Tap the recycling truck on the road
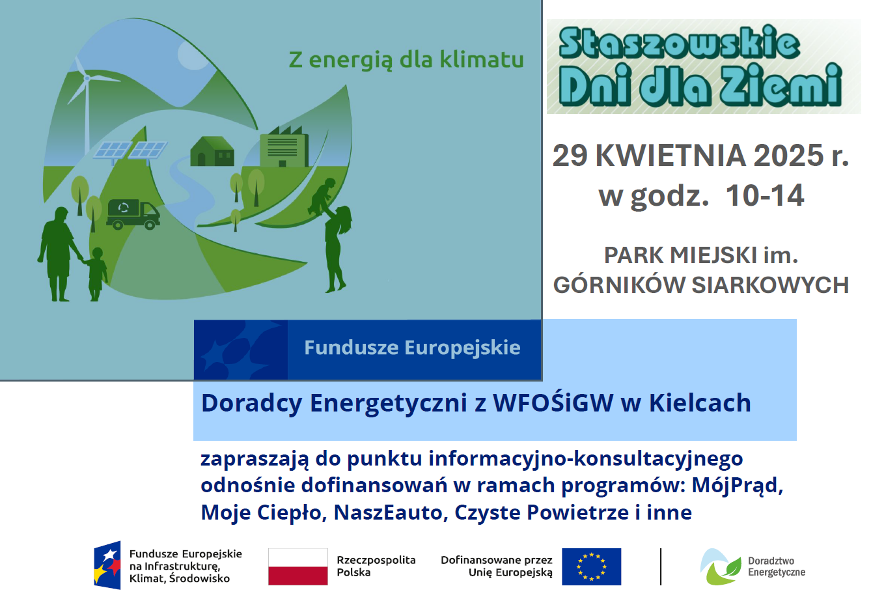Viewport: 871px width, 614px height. pos(133,214)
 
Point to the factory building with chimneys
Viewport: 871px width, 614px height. pos(284,148)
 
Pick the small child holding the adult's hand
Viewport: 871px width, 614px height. pos(96,273)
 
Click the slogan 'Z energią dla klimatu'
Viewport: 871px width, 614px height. pos(406,60)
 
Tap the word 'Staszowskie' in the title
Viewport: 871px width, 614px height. pos(679,44)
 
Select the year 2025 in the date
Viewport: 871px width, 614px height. pos(788,156)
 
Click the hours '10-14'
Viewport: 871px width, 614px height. pos(764,195)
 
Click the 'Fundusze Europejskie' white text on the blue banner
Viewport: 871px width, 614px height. pos(412,348)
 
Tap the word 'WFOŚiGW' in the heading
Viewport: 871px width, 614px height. pos(553,403)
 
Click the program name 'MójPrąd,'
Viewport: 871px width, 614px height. pos(738,485)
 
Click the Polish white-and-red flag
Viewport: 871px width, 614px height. pos(298,566)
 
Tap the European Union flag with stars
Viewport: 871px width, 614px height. pos(591,566)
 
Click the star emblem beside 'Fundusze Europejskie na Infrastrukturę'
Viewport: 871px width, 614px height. pos(108,565)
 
